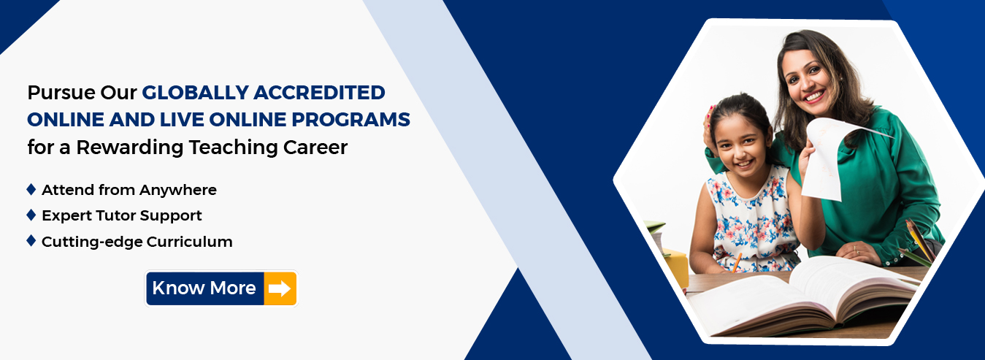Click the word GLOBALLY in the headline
(196, 93)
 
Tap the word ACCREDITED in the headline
(319, 93)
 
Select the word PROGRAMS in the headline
(350, 120)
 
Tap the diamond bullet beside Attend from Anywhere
(31, 189)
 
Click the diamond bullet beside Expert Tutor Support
(31, 215)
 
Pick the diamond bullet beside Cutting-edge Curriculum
(31, 241)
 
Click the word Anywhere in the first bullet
(178, 191)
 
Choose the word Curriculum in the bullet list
(190, 241)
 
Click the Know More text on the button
(204, 288)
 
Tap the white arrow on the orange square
(280, 288)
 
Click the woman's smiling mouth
(814, 96)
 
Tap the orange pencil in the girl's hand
(736, 262)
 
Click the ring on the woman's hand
(856, 251)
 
